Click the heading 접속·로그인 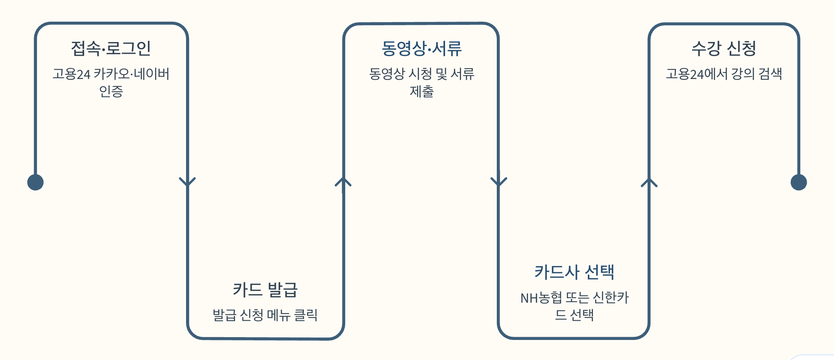pyautogui.click(x=111, y=49)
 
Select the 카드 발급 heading pyautogui.click(x=265, y=290)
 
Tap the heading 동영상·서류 pyautogui.click(x=421, y=49)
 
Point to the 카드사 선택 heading pyautogui.click(x=574, y=272)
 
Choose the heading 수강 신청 pyautogui.click(x=724, y=49)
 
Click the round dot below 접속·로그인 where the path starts pyautogui.click(x=35, y=182)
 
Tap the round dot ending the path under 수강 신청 pyautogui.click(x=798, y=182)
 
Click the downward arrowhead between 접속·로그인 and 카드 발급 pyautogui.click(x=187, y=182)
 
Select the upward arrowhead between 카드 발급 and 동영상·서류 pyautogui.click(x=343, y=182)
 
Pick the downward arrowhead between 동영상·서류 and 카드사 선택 pyautogui.click(x=499, y=182)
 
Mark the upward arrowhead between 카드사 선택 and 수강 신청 pyautogui.click(x=649, y=183)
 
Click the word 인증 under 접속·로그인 pyautogui.click(x=111, y=92)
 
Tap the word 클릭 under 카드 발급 pyautogui.click(x=306, y=315)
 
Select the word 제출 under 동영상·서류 pyautogui.click(x=421, y=92)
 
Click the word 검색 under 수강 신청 pyautogui.click(x=770, y=74)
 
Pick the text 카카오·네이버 pyautogui.click(x=132, y=74)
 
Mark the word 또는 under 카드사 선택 pyautogui.click(x=577, y=298)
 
